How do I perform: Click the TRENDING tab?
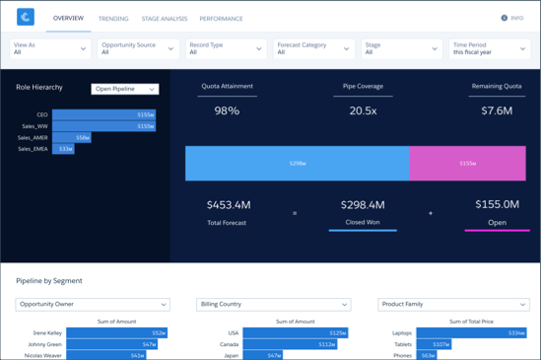click(113, 19)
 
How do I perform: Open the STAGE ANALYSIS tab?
click(164, 19)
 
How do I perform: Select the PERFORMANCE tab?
click(222, 19)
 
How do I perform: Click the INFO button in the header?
click(512, 18)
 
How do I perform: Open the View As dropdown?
click(49, 48)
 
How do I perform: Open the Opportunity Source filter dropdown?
click(137, 48)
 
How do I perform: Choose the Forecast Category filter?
click(313, 48)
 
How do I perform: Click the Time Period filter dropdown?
click(490, 48)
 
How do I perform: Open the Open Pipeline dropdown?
click(125, 89)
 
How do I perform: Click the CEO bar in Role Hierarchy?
click(103, 115)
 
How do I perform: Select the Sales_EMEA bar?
click(63, 149)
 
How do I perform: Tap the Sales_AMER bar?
click(71, 138)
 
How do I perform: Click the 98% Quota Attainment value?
click(227, 110)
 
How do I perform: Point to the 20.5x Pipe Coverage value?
click(363, 110)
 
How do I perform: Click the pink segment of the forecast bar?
click(468, 164)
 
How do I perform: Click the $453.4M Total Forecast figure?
click(229, 205)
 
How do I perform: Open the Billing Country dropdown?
click(273, 305)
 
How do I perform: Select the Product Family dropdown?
click(453, 305)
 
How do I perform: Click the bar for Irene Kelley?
click(116, 333)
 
